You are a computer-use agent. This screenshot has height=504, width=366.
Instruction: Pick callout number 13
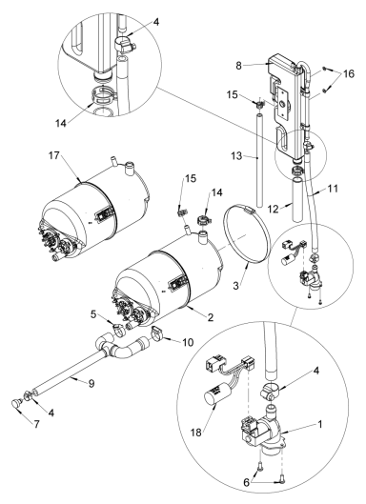245,151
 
